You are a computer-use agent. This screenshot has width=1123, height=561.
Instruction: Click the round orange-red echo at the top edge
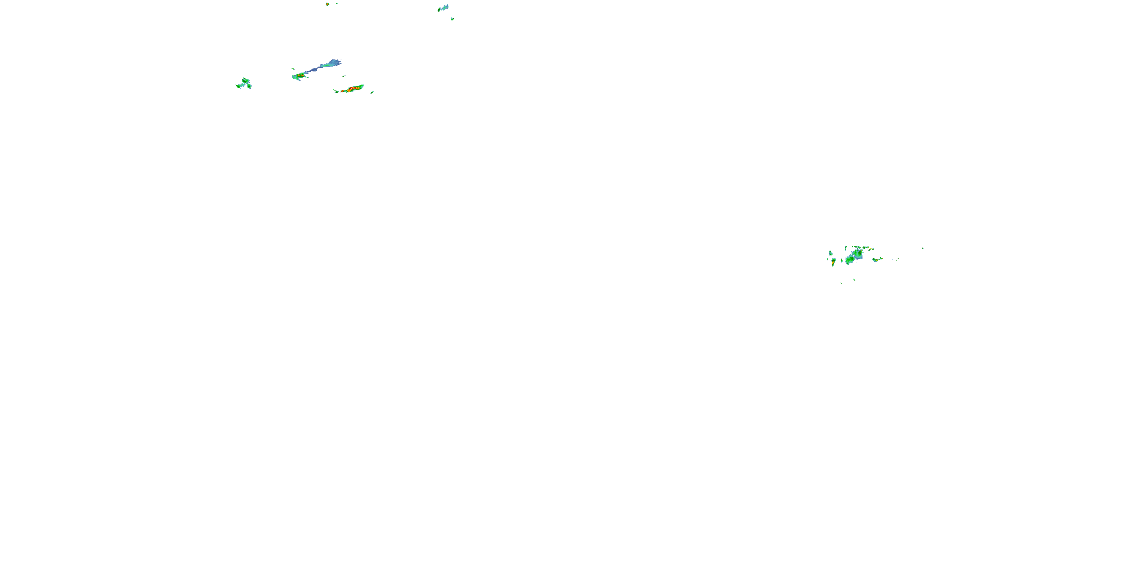[x=328, y=4]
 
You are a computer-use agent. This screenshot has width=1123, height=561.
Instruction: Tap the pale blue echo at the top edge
[x=444, y=7]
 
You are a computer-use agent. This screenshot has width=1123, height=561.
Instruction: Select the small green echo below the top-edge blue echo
[x=452, y=19]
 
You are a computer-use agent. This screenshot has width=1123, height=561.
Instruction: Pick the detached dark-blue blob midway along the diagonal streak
[x=314, y=70]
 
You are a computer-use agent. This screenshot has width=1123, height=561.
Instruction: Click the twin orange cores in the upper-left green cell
[x=299, y=76]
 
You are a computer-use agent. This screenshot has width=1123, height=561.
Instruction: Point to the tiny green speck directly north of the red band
[x=344, y=76]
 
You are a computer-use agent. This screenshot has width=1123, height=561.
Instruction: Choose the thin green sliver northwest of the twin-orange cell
[x=293, y=69]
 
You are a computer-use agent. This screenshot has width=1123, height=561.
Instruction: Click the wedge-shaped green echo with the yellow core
[x=834, y=262]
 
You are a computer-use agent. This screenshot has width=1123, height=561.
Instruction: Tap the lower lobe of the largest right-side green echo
[x=850, y=260]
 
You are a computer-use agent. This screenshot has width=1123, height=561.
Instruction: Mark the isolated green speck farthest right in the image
[x=922, y=248]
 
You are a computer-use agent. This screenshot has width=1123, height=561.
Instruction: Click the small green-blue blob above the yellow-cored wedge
[x=831, y=253]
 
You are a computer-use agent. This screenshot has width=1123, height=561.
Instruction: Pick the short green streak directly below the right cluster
[x=854, y=280]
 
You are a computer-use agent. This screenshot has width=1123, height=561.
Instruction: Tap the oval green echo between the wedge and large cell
[x=842, y=260]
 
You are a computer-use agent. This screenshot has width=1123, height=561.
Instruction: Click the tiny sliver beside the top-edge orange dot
[x=337, y=3]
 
